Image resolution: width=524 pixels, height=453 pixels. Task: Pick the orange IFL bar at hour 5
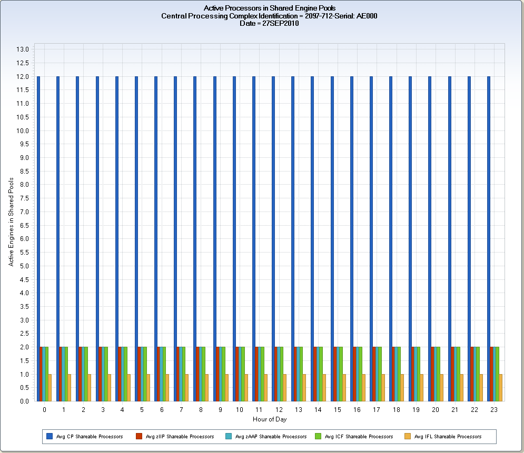pos(149,388)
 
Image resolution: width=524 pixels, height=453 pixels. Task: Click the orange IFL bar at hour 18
pos(403,388)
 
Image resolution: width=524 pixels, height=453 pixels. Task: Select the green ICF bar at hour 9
pos(223,374)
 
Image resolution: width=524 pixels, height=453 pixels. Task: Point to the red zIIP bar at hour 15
pos(335,374)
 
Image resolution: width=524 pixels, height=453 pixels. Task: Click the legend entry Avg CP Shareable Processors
pos(89,437)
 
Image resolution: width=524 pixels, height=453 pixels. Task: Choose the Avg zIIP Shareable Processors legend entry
pos(180,437)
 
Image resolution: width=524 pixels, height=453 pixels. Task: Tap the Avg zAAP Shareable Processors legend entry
pos(270,437)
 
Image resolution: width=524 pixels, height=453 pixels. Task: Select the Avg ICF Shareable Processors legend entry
pos(359,437)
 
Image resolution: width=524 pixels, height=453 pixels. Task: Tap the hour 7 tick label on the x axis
pos(181,409)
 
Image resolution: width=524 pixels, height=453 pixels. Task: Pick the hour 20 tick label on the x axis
pos(435,409)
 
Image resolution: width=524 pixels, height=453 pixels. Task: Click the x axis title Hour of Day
pos(269,419)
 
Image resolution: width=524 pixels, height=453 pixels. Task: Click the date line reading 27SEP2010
pos(269,24)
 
